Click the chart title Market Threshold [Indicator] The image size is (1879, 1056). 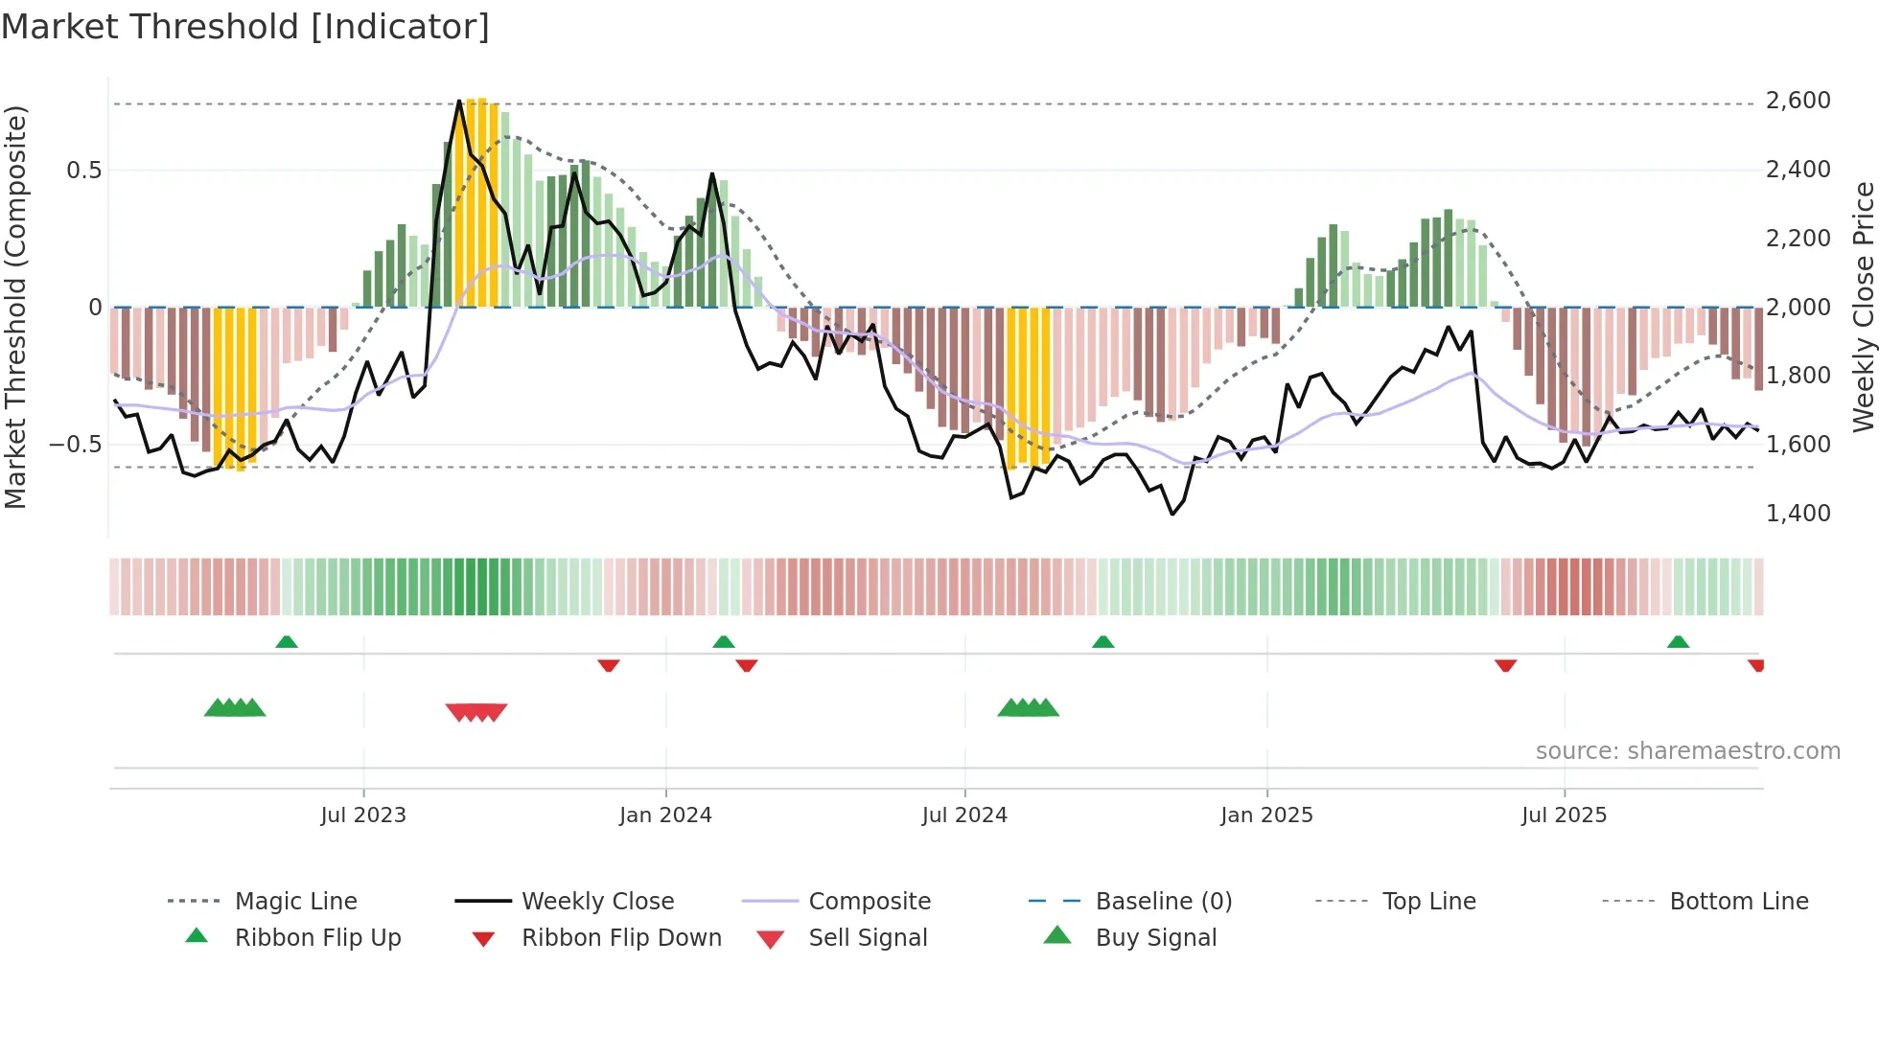click(245, 27)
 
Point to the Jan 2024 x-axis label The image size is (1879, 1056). click(665, 815)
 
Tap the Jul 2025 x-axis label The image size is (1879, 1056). click(1564, 815)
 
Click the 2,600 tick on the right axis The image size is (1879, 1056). click(1798, 101)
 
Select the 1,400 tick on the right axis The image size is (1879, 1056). click(1798, 514)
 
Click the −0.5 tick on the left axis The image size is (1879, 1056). click(75, 445)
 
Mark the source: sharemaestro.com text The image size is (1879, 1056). click(1687, 751)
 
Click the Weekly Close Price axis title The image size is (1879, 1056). click(1863, 307)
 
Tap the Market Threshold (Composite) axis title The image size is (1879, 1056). click(15, 307)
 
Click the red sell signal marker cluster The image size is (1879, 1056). click(476, 712)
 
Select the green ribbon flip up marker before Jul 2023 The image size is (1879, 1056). click(287, 642)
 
